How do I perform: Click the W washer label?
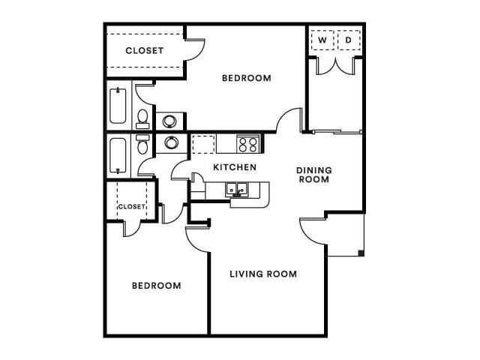pos(322,39)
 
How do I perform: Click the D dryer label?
pos(349,39)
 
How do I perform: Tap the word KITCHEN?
pos(235,167)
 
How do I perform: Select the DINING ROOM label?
pos(314,175)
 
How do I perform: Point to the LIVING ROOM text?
pos(262,274)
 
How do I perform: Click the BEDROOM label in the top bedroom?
pos(246,78)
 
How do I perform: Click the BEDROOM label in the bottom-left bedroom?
pos(157,286)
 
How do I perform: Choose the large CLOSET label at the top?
pos(145,51)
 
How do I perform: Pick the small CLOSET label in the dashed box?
pos(130,205)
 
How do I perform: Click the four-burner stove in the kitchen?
pos(247,142)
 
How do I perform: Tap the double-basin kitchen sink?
pos(239,190)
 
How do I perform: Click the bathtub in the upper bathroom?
pos(118,107)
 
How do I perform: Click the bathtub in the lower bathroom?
pos(118,156)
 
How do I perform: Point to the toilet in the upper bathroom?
pos(142,118)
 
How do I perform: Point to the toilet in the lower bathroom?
pos(142,145)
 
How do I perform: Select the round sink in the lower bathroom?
pos(171,142)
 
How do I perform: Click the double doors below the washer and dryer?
pos(335,66)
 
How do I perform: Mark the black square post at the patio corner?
pos(361,253)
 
